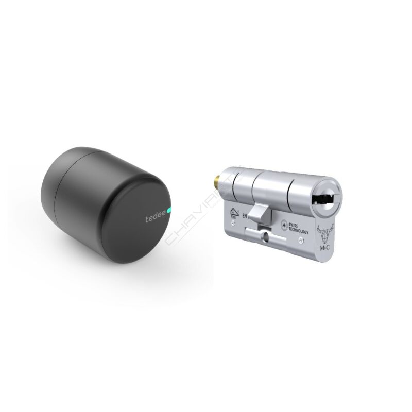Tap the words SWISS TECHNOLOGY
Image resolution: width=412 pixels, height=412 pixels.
coord(297,229)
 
